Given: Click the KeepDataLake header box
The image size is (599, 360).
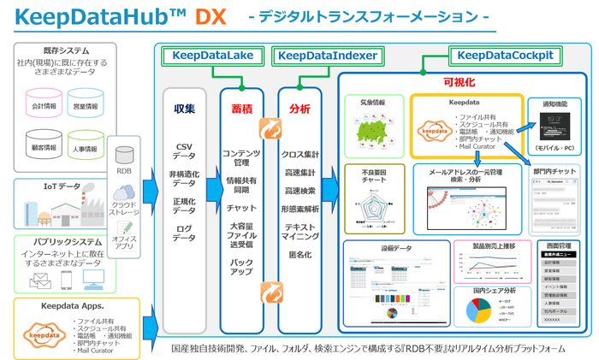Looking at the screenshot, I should tap(212, 56).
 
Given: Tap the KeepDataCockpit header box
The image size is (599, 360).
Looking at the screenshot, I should tap(505, 56).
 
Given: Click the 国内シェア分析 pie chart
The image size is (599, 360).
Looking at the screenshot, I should tap(475, 311).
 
